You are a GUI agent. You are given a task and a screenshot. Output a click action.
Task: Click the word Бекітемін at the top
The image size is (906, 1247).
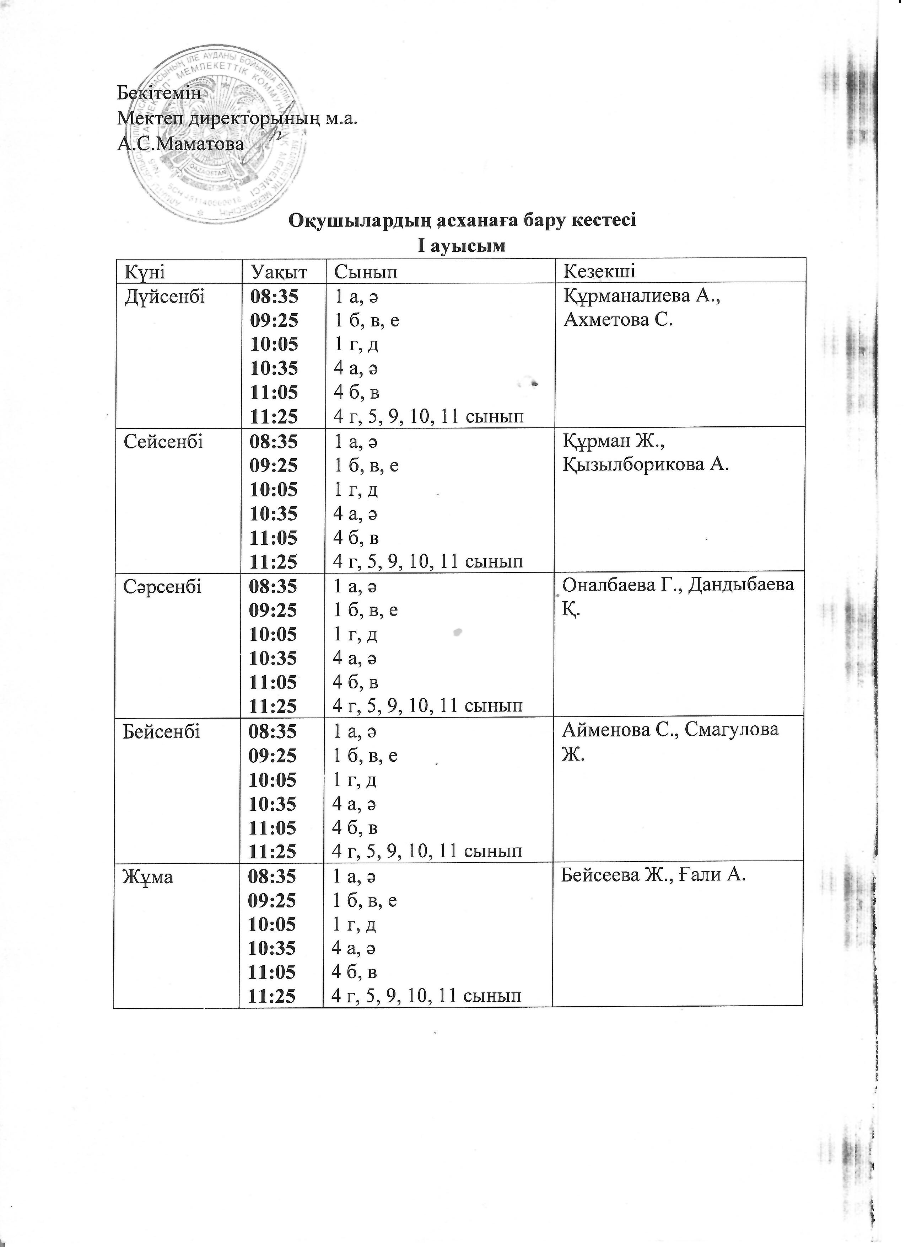(x=159, y=93)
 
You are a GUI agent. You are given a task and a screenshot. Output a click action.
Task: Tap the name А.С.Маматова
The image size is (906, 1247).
(x=181, y=144)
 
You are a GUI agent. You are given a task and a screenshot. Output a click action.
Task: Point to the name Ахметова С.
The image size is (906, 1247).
(x=618, y=320)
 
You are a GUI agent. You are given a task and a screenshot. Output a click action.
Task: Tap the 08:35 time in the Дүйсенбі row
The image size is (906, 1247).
(x=274, y=297)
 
